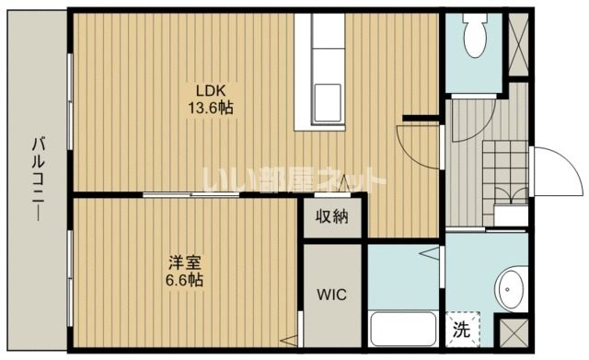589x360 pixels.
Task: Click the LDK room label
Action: tap(209, 90)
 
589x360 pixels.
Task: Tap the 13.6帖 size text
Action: tap(211, 108)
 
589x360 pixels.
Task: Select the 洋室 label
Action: tap(183, 261)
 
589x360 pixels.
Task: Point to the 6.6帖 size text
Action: tap(184, 280)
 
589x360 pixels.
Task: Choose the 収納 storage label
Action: tap(332, 217)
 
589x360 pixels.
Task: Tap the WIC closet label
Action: tap(333, 296)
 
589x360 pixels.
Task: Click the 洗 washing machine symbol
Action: tap(458, 327)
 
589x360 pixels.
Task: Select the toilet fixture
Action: tap(475, 38)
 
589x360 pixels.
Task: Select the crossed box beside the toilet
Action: tap(518, 45)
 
